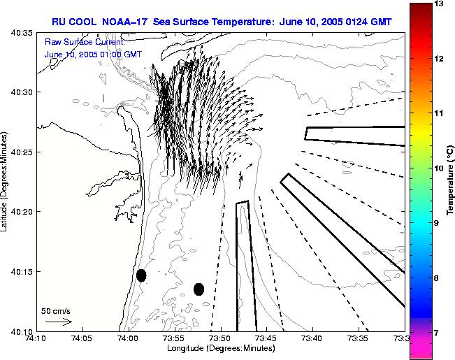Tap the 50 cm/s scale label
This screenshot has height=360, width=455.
56,311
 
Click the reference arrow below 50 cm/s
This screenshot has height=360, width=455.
59,322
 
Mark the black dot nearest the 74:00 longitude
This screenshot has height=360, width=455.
141,275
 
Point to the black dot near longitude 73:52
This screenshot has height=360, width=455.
199,289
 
